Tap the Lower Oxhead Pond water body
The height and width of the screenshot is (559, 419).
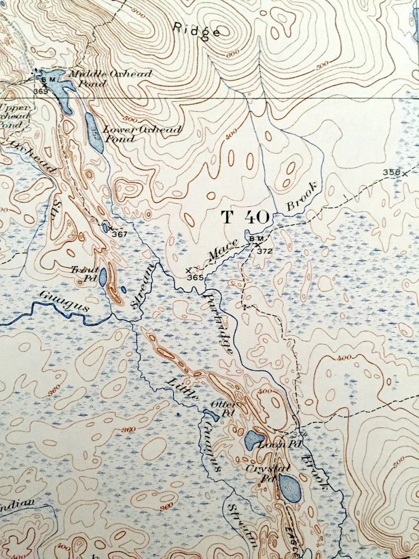click(94, 132)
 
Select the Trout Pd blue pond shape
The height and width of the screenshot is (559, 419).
click(103, 277)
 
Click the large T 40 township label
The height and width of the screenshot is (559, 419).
click(245, 217)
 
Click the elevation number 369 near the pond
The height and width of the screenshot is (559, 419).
click(40, 91)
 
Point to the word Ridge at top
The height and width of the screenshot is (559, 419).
click(197, 30)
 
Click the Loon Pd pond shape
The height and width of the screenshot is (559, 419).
click(254, 439)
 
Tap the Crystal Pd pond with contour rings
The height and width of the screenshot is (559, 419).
click(290, 487)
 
